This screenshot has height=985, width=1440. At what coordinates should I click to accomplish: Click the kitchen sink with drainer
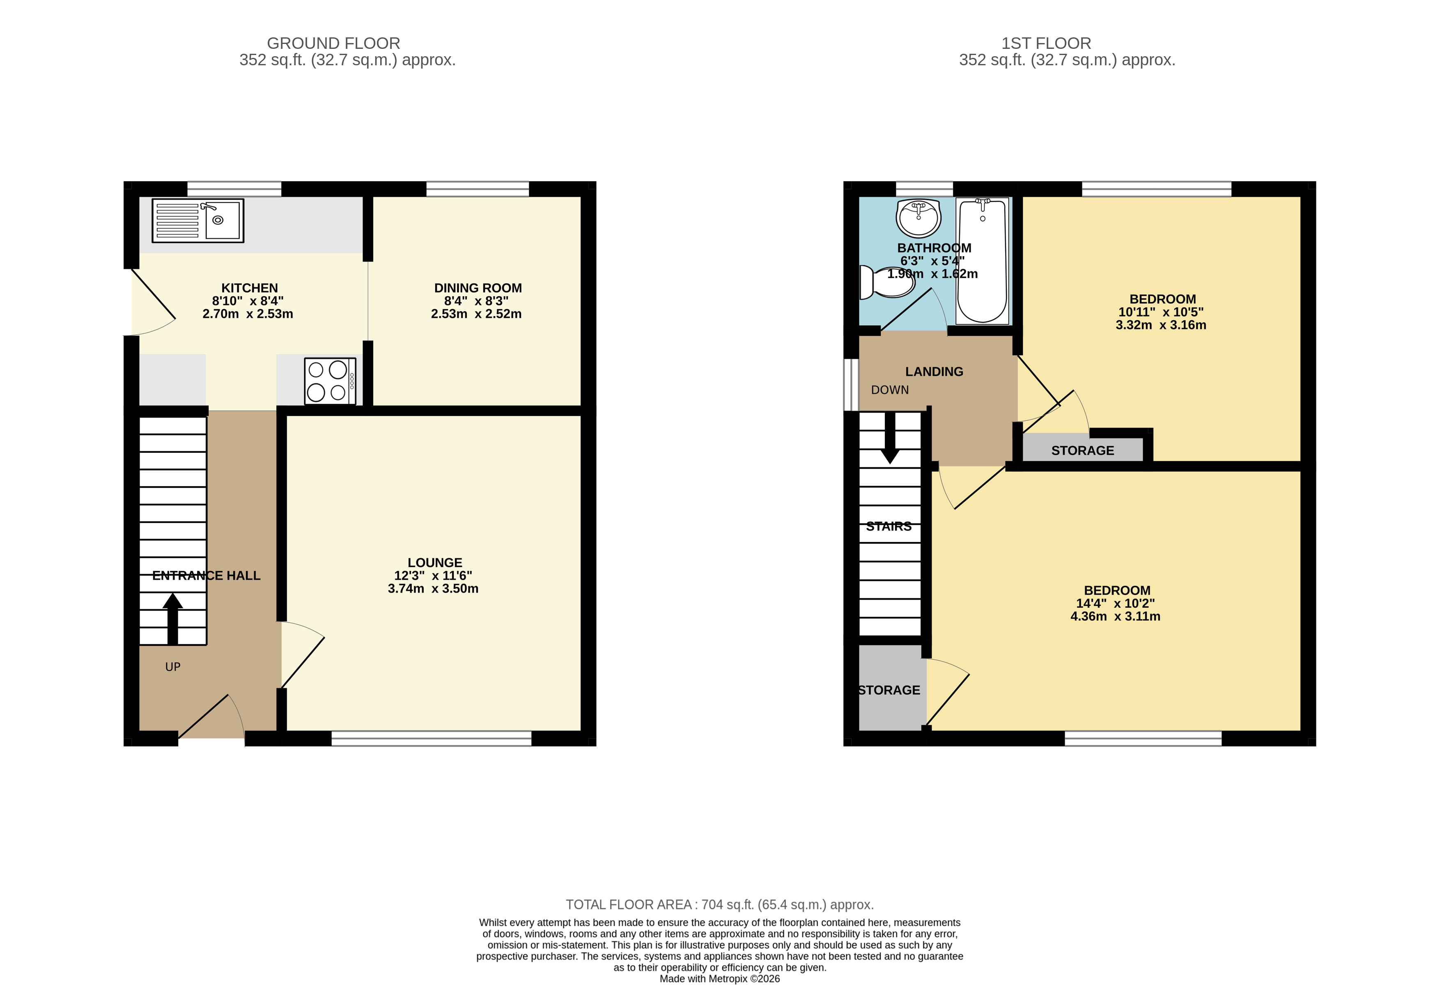pyautogui.click(x=198, y=220)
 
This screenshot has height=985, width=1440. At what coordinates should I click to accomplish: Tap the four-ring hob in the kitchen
pyautogui.click(x=330, y=381)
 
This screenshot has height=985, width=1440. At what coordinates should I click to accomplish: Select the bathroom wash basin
pyautogui.click(x=918, y=218)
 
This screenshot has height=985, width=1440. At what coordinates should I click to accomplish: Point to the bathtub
pyautogui.click(x=982, y=261)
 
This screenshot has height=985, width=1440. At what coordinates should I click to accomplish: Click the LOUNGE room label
pyautogui.click(x=434, y=563)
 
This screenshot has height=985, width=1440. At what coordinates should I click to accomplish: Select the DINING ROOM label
pyautogui.click(x=478, y=288)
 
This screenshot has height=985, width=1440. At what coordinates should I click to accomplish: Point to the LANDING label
pyautogui.click(x=934, y=372)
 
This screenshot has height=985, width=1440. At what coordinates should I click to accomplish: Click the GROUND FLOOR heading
pyautogui.click(x=333, y=44)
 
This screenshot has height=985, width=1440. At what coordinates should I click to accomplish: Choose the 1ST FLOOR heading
pyautogui.click(x=1046, y=44)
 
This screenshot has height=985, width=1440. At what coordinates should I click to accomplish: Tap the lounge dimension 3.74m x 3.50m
pyautogui.click(x=433, y=588)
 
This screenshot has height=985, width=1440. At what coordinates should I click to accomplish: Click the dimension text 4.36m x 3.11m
pyautogui.click(x=1115, y=616)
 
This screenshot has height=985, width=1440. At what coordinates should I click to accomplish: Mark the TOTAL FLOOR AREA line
pyautogui.click(x=719, y=905)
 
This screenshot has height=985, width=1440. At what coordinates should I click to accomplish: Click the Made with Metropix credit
pyautogui.click(x=719, y=979)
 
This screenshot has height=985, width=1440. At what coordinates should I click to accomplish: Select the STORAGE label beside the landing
pyautogui.click(x=1082, y=450)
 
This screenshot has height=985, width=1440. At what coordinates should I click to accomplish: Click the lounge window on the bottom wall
pyautogui.click(x=431, y=738)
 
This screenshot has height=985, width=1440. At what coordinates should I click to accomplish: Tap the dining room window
pyautogui.click(x=478, y=189)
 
